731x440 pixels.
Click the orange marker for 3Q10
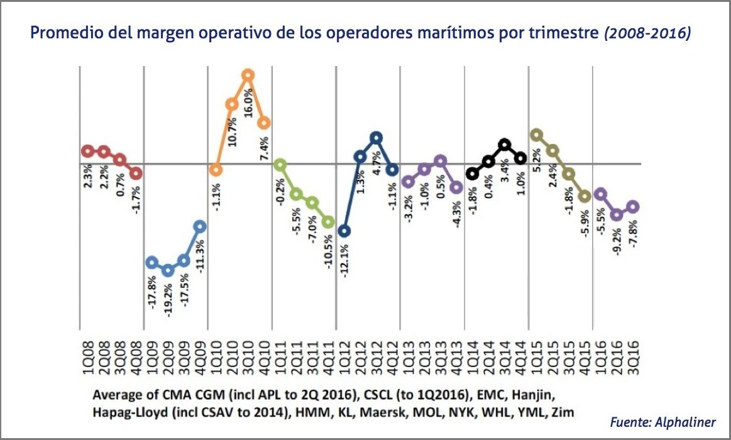point(248,75)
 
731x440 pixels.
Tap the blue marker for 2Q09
point(167,270)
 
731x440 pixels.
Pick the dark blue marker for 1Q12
point(344,231)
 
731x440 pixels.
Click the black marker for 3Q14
point(504,145)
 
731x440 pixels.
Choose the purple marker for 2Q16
point(617,214)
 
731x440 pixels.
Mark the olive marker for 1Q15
point(536,135)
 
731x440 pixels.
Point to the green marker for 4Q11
point(327,222)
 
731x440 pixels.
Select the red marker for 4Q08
point(136,173)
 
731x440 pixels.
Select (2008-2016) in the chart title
point(647,33)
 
